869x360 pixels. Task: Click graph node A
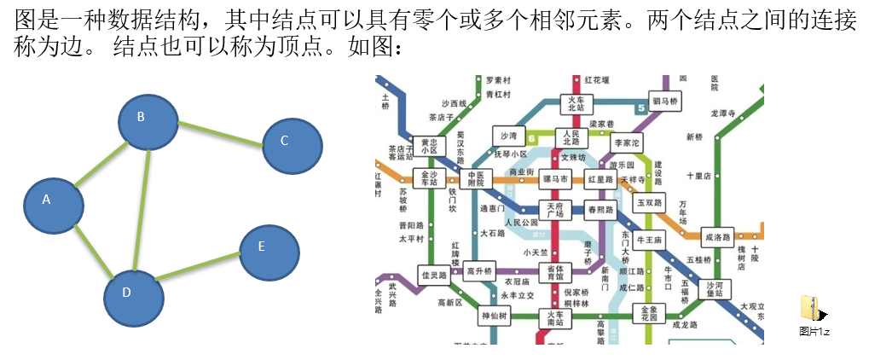pyautogui.click(x=53, y=202)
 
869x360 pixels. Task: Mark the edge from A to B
pyautogui.click(x=100, y=161)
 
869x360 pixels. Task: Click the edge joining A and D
pyautogui.click(x=93, y=248)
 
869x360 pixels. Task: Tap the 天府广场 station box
pyautogui.click(x=555, y=210)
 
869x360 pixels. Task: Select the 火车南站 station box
pyautogui.click(x=555, y=319)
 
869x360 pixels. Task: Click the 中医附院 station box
pyautogui.click(x=475, y=179)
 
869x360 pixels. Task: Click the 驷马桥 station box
pyautogui.click(x=664, y=102)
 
